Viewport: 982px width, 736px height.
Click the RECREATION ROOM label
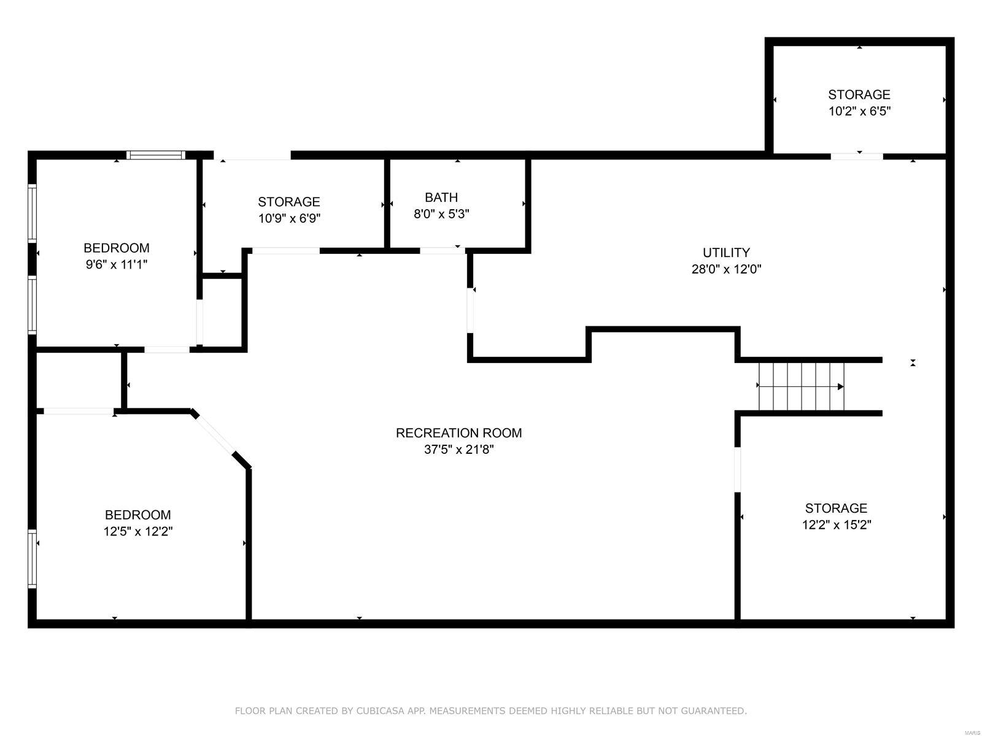tap(458, 433)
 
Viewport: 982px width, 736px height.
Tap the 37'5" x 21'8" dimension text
tap(458, 450)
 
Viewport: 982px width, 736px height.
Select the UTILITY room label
tap(726, 253)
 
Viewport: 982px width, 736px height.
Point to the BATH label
tap(441, 197)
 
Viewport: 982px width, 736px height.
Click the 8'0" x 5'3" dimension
tap(441, 214)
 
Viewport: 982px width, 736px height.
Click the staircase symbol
tap(801, 386)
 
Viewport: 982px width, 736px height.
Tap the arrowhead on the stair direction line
tap(841, 386)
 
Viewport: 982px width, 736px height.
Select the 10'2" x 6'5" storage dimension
tap(859, 112)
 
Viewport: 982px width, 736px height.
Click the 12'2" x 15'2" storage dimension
tap(836, 525)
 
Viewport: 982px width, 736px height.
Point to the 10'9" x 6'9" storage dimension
tap(289, 218)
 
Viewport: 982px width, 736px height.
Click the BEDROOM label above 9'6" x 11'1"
tap(117, 248)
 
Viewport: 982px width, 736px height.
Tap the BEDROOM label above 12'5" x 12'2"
tap(137, 515)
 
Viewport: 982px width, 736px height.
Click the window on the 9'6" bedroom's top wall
tap(156, 155)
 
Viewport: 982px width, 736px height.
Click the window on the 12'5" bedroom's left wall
tap(33, 558)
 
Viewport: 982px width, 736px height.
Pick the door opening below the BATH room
tap(442, 250)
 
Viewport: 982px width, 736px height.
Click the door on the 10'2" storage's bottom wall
tap(857, 156)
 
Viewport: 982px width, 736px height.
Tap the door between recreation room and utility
tap(471, 310)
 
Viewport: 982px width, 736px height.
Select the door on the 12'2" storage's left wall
tap(738, 470)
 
